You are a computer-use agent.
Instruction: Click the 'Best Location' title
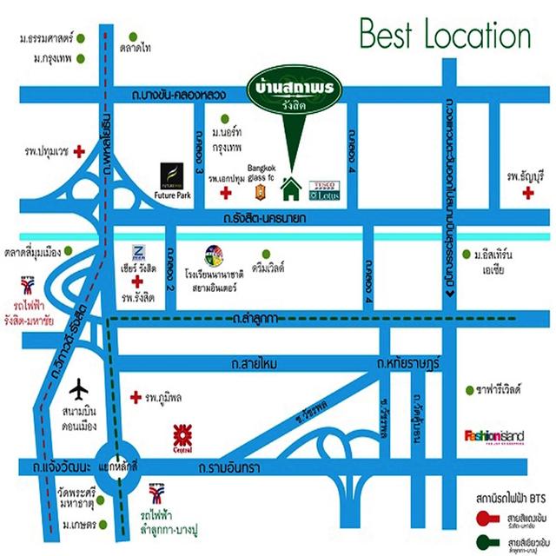(x=444, y=36)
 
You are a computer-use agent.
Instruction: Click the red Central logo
(x=182, y=436)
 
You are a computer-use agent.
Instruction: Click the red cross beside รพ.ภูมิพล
(x=135, y=397)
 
